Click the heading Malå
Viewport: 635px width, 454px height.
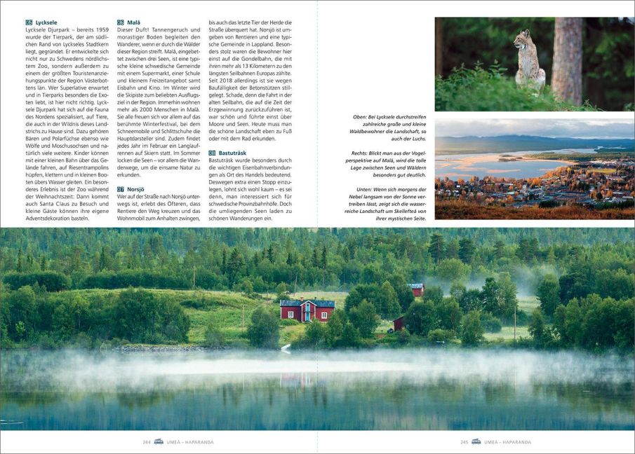tap(134, 23)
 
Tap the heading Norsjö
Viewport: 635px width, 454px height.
tap(135, 189)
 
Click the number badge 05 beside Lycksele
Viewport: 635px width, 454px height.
tap(29, 23)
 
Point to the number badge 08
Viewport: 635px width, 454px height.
tap(213, 152)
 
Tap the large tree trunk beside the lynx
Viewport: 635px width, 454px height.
tap(567, 60)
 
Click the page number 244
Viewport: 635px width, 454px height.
tap(147, 442)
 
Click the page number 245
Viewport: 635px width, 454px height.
tap(464, 442)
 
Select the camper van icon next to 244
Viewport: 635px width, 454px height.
tap(159, 442)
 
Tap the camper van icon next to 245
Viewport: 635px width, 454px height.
tap(476, 442)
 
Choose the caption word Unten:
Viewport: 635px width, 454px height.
tap(366, 188)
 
